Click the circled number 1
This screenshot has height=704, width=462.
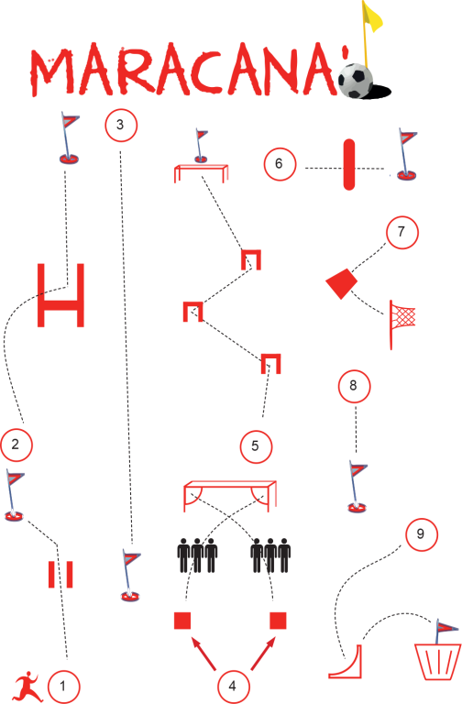[x=63, y=686]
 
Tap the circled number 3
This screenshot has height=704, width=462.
[x=121, y=125]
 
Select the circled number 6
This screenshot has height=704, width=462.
[x=280, y=164]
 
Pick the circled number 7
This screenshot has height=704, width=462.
[x=402, y=232]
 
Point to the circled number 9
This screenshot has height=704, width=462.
[x=421, y=533]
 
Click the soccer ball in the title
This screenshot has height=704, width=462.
[x=356, y=81]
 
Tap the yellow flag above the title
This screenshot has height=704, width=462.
[x=371, y=16]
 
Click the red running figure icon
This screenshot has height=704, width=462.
[x=27, y=687]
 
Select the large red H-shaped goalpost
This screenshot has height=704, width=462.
[x=61, y=295]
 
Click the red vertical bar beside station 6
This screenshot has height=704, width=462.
[x=349, y=164]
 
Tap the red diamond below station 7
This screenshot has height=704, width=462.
[x=342, y=283]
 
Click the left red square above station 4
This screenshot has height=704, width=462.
[x=182, y=620]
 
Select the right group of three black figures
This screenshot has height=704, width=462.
[x=270, y=555]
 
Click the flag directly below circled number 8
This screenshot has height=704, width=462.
[x=357, y=487]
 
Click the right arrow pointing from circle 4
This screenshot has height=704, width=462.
[x=263, y=654]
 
